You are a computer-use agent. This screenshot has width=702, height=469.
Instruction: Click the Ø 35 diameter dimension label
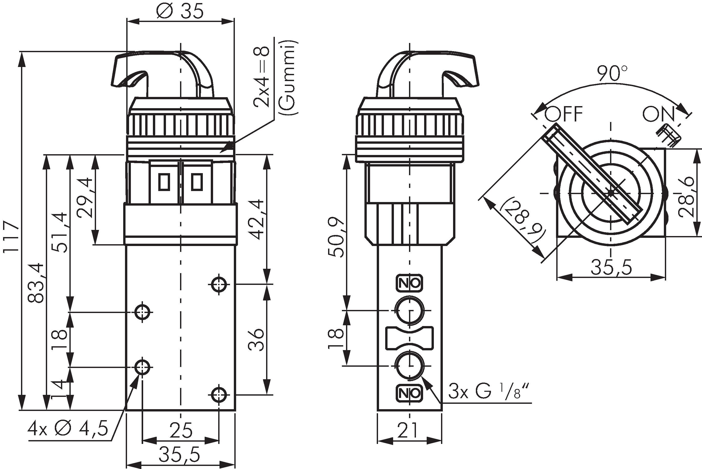click(x=180, y=11)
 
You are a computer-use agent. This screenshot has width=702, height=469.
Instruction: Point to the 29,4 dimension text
click(x=85, y=197)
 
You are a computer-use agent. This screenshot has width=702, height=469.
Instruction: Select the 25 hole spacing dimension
click(x=181, y=430)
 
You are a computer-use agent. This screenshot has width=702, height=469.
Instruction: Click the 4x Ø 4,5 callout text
click(x=68, y=429)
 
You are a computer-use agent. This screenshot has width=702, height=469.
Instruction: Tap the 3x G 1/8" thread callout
click(x=489, y=392)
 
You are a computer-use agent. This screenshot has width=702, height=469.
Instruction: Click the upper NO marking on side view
click(x=410, y=283)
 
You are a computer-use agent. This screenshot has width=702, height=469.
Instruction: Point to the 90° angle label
click(x=612, y=74)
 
